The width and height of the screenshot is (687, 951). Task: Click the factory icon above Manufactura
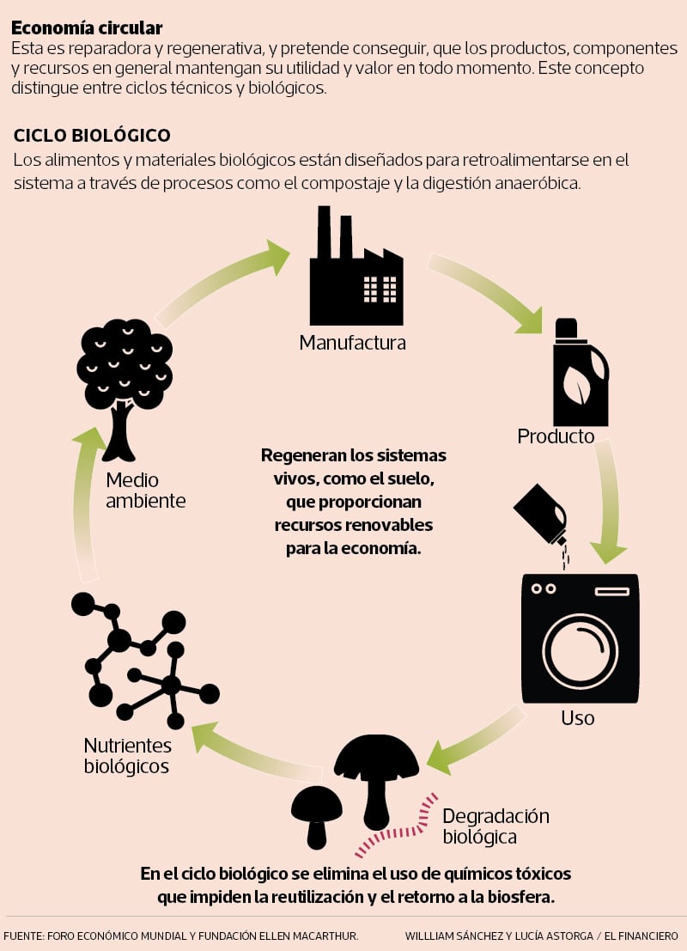356,271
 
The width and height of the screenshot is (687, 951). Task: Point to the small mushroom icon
316,812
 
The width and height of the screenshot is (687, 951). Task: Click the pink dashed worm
397,826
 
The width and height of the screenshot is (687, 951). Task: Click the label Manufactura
352,343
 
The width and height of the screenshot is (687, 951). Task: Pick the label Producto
556,436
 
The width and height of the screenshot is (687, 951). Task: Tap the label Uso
577,717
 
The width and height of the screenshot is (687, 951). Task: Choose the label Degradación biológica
495,826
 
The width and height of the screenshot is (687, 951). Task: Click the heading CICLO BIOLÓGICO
92,136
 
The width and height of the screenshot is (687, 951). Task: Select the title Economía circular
87,28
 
